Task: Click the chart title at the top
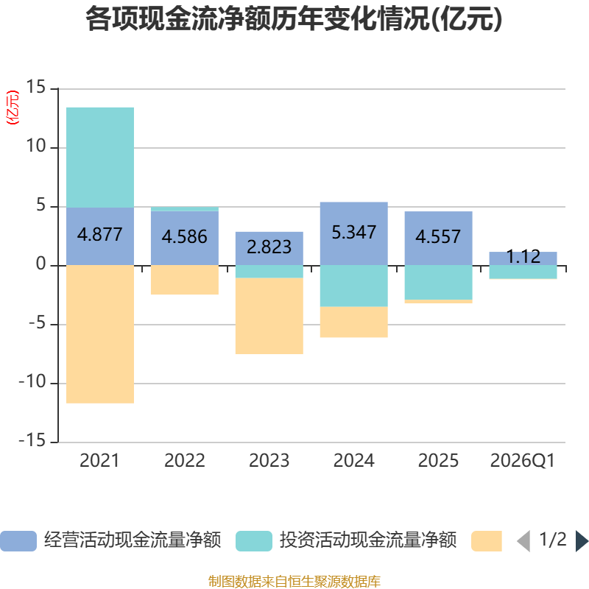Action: [294, 19]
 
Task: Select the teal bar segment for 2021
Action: [100, 158]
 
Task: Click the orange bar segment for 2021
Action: [100, 334]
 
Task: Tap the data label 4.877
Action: [100, 235]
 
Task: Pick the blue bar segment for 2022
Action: [185, 238]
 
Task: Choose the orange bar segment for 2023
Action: [269, 316]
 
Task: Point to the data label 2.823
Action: [269, 247]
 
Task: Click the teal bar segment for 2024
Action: [354, 286]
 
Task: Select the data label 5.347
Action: [354, 232]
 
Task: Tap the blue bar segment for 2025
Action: [438, 239]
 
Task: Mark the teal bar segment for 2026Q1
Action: [523, 272]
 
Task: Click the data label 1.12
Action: [523, 256]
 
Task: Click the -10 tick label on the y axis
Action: [32, 382]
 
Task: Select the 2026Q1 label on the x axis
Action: [523, 461]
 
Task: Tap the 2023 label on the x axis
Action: [269, 461]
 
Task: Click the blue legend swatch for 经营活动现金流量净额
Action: [18, 541]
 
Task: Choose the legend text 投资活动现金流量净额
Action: [367, 540]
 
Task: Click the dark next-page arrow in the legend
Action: [582, 541]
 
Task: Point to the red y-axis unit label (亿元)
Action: [13, 107]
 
